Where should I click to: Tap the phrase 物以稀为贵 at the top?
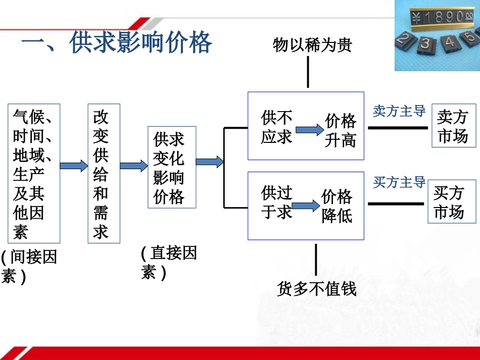[312, 45]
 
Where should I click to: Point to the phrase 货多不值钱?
[317, 289]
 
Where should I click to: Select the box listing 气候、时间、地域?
[34, 173]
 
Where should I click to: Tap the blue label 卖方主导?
[399, 111]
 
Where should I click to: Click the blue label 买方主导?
[399, 182]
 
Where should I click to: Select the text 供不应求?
[276, 127]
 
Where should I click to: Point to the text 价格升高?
[341, 130]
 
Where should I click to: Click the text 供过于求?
[276, 202]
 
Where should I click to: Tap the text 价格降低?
[337, 206]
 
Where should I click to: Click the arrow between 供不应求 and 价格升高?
[309, 130]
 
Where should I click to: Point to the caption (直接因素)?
[168, 263]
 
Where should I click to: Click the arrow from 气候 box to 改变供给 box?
[74, 166]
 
